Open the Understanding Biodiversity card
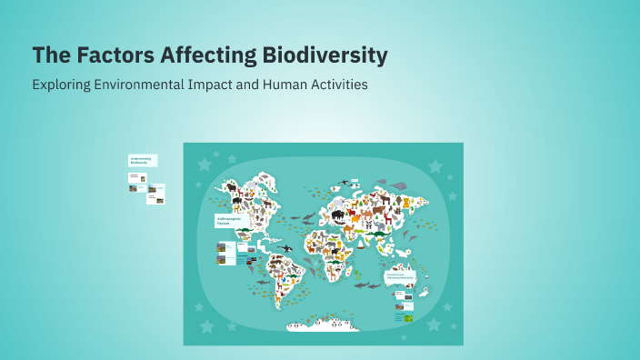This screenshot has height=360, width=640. [x=142, y=160]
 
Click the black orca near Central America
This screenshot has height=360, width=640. [x=285, y=247]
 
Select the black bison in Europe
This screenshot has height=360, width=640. [x=337, y=215]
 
